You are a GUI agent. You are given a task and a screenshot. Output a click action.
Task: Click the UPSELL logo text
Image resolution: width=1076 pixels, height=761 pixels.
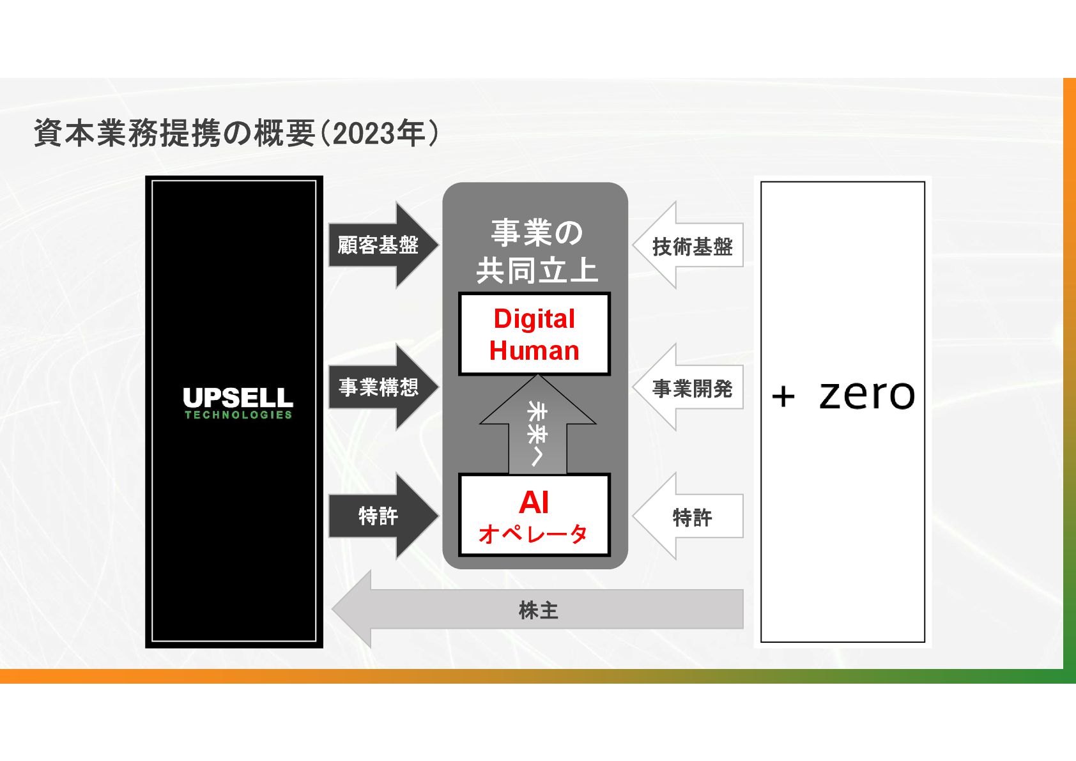[238, 397]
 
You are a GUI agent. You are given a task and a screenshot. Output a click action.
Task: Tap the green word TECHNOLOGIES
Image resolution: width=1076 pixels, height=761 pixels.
[238, 415]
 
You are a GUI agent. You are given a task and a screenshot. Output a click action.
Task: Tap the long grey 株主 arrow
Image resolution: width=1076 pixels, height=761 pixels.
[538, 610]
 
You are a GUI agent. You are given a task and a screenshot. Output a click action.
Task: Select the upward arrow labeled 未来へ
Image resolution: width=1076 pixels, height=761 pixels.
[537, 430]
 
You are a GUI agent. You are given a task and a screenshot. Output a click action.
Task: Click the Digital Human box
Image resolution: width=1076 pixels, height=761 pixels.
[534, 334]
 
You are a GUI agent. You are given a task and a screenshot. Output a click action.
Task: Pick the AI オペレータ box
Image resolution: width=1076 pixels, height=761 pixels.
[534, 515]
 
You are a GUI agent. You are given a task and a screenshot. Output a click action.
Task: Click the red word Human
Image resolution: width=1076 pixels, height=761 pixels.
[534, 351]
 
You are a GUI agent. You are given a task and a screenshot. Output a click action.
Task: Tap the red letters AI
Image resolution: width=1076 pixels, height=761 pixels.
[534, 502]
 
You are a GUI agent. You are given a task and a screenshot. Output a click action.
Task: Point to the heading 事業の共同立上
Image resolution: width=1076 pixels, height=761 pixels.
[537, 251]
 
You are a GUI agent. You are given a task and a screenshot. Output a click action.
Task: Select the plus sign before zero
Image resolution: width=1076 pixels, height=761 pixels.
[783, 397]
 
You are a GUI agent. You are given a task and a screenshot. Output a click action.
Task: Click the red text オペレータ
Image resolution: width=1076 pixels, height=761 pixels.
[533, 534]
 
